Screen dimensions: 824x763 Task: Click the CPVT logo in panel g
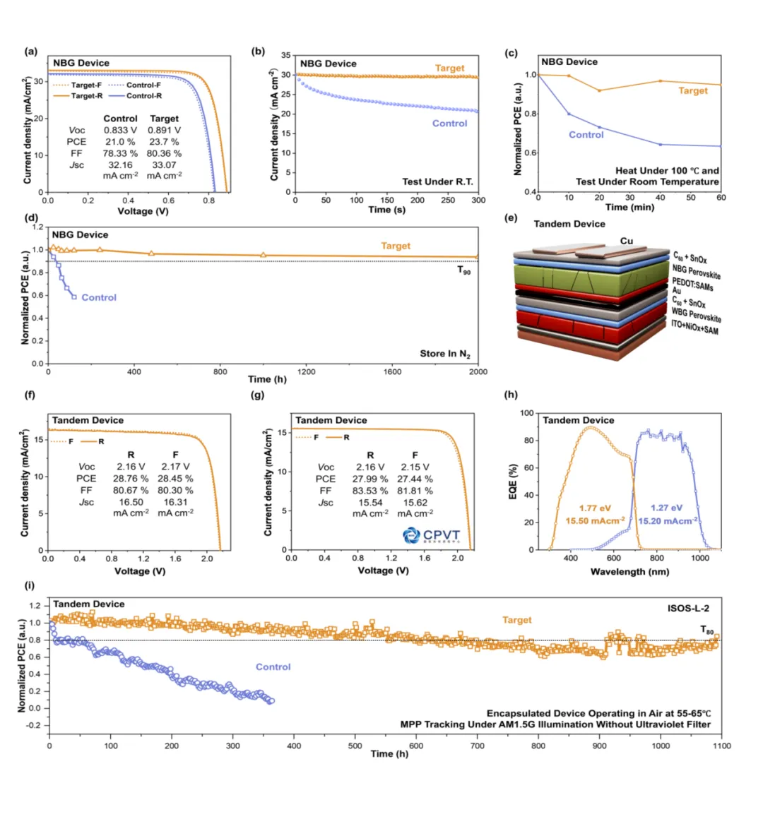(431, 535)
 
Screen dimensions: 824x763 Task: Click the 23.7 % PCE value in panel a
(164, 141)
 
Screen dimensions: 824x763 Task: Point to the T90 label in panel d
(463, 270)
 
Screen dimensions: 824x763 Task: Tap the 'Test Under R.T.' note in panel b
(437, 181)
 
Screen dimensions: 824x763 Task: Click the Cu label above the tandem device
(626, 241)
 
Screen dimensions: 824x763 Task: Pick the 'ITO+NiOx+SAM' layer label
(694, 328)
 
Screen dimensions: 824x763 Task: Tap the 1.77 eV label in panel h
(595, 508)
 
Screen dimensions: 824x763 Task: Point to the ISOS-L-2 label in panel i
(688, 608)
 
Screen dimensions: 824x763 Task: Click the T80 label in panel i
(706, 630)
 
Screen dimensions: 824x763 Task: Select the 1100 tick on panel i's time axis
(721, 746)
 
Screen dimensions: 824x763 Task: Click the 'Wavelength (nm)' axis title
(629, 571)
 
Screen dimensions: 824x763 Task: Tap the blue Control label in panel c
(586, 134)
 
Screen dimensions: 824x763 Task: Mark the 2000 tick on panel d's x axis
(478, 371)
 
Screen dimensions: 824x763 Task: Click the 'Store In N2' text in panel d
(445, 354)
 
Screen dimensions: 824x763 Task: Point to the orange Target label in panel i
(516, 620)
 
